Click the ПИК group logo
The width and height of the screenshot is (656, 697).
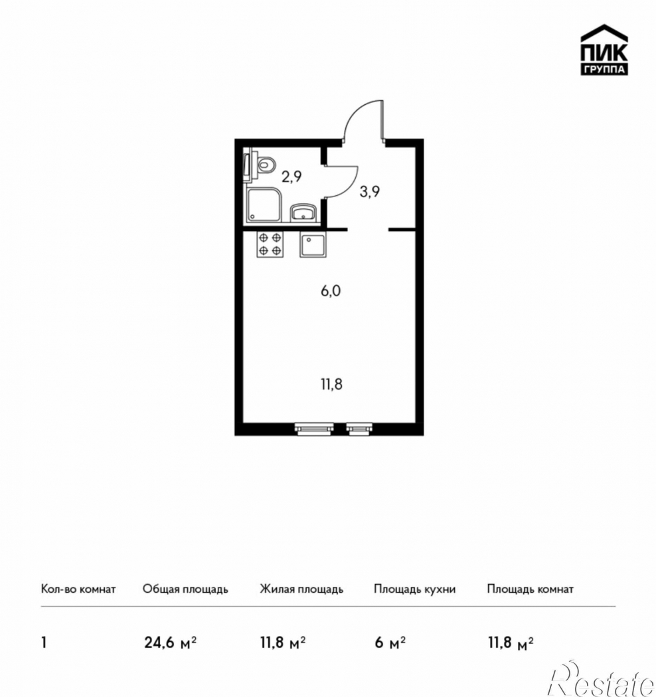[x=604, y=50]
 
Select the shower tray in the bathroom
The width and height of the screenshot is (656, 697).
[x=264, y=205]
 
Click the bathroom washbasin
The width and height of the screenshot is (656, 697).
[x=303, y=213]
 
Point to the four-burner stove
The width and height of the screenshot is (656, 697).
[x=270, y=244]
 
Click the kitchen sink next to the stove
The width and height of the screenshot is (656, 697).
[x=313, y=244]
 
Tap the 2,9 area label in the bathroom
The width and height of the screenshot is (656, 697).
[x=291, y=177]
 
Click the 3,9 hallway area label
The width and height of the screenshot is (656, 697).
[x=370, y=192]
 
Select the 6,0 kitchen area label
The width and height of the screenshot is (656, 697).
[x=331, y=291]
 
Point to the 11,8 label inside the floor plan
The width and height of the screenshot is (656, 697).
[x=332, y=384]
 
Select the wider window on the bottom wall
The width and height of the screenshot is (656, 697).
[x=314, y=429]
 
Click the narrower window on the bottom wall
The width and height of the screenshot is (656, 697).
[x=360, y=429]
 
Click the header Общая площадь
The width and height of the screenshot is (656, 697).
[x=185, y=589]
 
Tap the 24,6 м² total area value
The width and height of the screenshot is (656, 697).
[x=171, y=643]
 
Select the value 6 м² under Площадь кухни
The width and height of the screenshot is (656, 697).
[x=390, y=643]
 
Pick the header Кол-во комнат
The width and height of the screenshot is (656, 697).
[x=78, y=589]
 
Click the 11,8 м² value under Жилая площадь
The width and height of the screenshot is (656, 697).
[x=283, y=643]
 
